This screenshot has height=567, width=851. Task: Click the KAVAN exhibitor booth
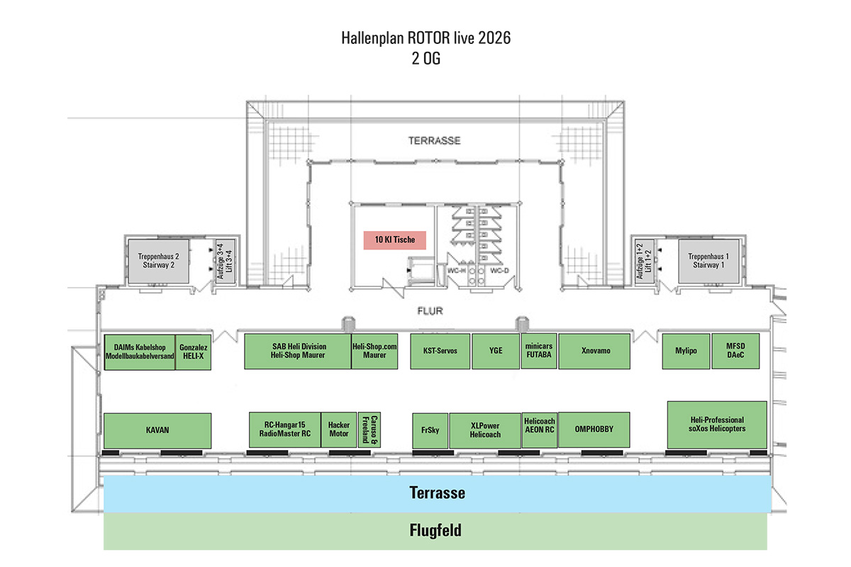point(157,430)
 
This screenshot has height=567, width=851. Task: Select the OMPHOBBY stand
point(594,430)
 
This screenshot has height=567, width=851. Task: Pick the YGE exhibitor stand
point(496,350)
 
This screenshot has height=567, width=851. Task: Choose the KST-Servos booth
point(440,350)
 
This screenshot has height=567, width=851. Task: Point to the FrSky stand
point(430,430)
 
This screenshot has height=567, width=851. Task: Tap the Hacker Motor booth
point(339,430)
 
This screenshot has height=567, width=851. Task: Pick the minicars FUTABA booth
point(540,350)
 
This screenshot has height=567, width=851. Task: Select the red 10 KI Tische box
point(395,240)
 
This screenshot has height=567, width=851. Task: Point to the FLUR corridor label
point(430,310)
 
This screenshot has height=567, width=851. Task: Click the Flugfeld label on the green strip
point(435,530)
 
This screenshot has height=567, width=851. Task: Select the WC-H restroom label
point(455,271)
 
